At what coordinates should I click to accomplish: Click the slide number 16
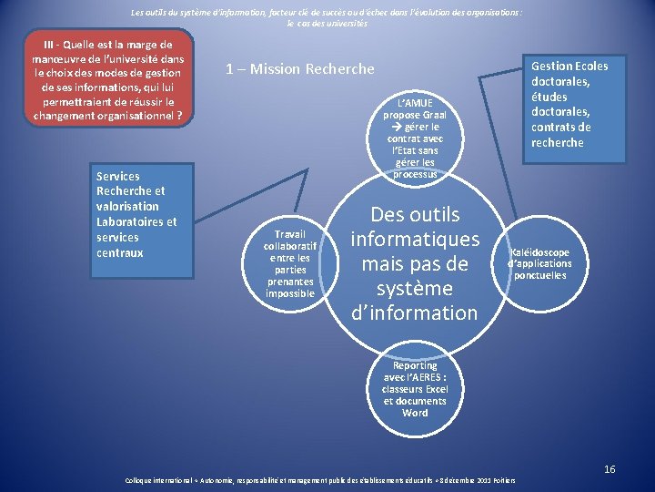[x=610, y=469]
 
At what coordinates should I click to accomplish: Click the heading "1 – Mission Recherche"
[x=300, y=69]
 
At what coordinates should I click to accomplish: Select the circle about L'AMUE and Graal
[x=415, y=137]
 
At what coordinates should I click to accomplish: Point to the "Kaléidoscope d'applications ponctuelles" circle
[x=540, y=263]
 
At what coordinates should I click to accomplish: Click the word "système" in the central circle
[x=415, y=289]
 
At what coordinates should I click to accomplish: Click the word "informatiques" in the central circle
[x=415, y=240]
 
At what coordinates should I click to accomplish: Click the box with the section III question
[x=107, y=80]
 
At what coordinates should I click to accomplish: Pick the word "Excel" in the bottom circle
[x=432, y=389]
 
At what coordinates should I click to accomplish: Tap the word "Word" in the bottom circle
[x=415, y=413]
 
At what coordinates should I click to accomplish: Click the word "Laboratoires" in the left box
[x=136, y=221]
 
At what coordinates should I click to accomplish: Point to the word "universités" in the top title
[x=343, y=23]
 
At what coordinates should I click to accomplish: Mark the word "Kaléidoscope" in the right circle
[x=540, y=252]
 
